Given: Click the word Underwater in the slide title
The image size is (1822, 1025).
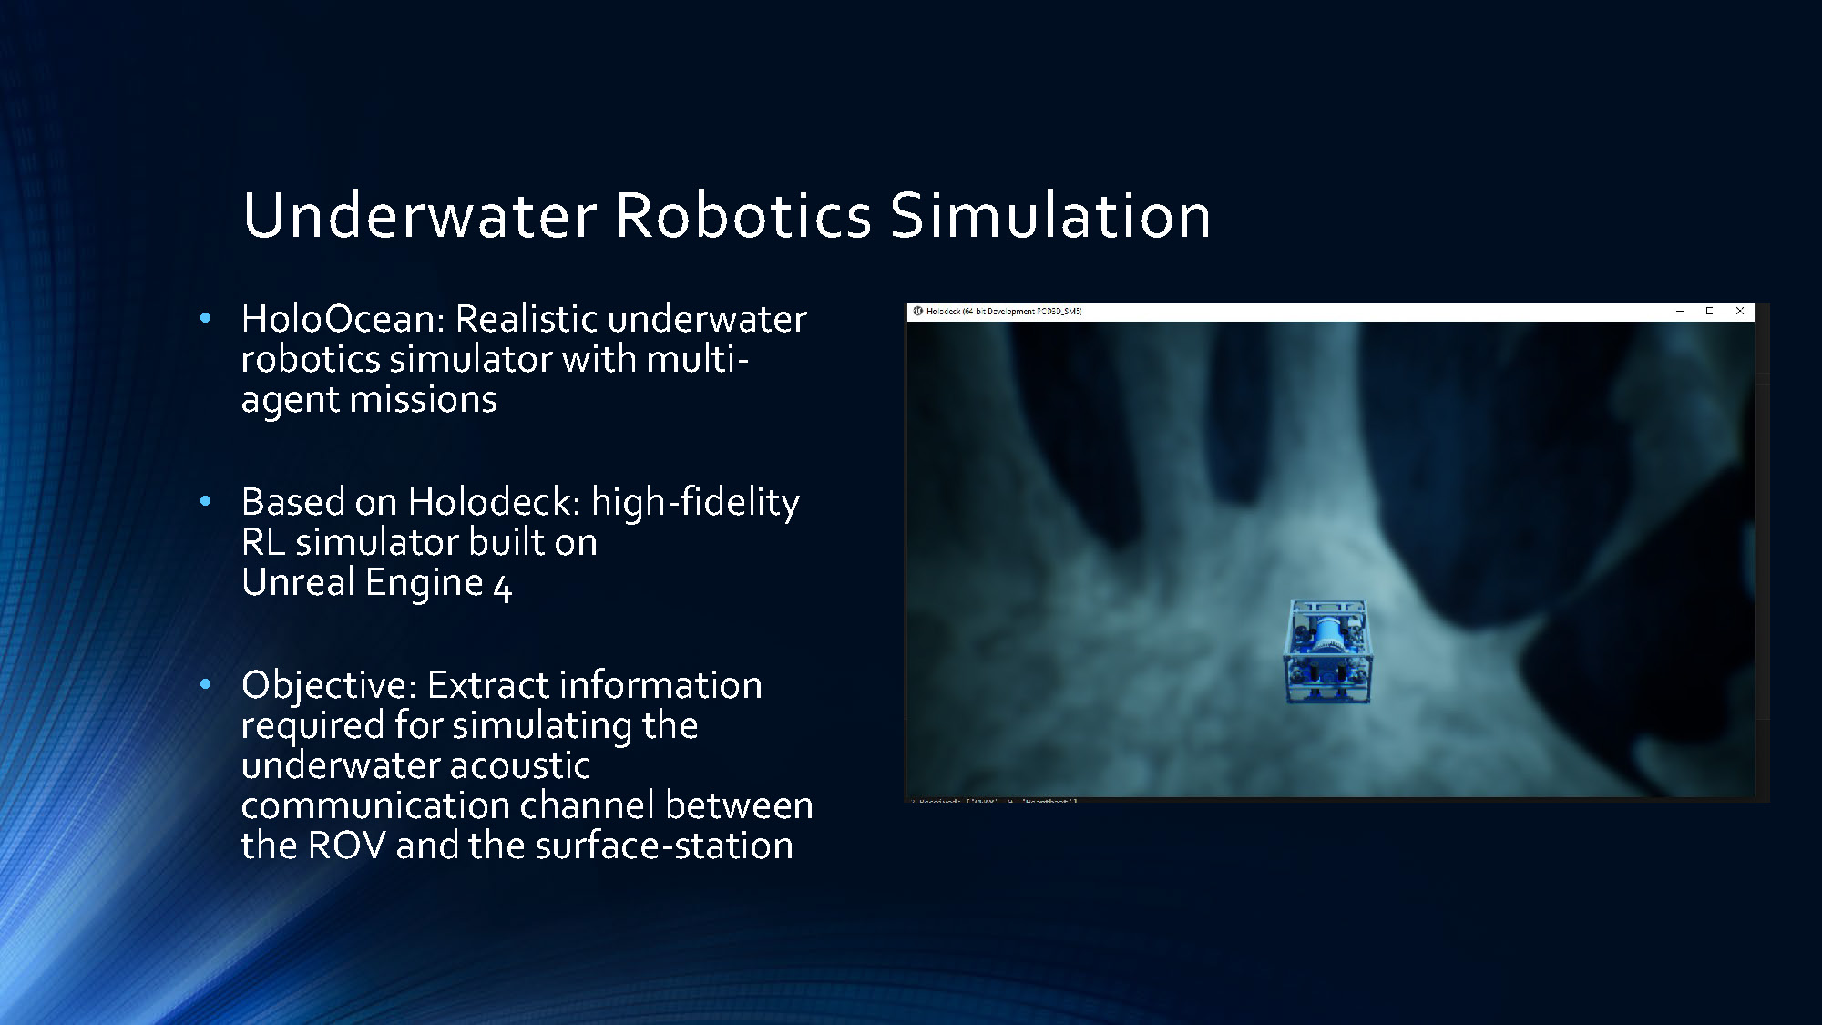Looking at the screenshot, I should (x=419, y=216).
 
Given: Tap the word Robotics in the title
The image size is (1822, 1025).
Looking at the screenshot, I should (x=742, y=216).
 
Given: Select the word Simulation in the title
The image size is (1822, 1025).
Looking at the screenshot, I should (x=1049, y=216).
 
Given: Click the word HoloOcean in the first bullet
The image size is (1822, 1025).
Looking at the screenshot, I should (x=342, y=319).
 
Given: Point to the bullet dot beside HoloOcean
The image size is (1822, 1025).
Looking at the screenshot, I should (x=205, y=318).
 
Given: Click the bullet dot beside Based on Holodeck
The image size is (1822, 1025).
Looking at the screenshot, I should (x=205, y=501).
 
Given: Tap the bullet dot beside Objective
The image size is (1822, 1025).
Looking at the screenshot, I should (x=205, y=684).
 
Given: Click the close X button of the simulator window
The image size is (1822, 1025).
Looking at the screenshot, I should (x=1740, y=312).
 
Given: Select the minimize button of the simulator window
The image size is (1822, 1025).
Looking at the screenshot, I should (x=1680, y=312).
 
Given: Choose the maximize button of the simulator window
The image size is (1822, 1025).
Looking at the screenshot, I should (x=1710, y=312).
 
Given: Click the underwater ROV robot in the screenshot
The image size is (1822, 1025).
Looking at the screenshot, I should (x=1327, y=651).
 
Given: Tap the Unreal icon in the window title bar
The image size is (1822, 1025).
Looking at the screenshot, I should (x=917, y=312).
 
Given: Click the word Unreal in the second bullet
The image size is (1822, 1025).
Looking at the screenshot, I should (x=298, y=583).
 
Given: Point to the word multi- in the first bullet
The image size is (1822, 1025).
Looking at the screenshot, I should (x=697, y=359).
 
